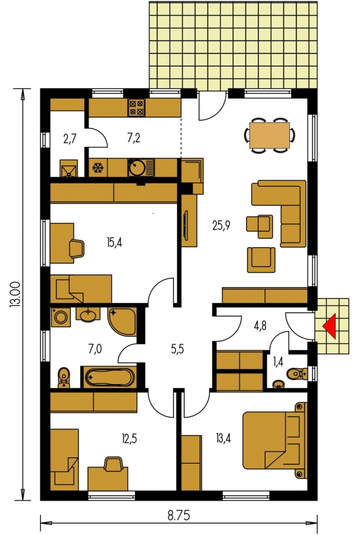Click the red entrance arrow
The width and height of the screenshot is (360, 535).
pos(330,326)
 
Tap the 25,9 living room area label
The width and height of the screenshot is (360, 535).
pos(221,225)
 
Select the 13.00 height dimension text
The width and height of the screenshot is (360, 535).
pos(17,294)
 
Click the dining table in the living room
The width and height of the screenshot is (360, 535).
pos(269,136)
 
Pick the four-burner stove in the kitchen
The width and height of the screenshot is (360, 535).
pos(137,108)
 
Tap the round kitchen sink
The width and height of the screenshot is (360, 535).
pos(137,168)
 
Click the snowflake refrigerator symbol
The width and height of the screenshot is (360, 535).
pos(98,168)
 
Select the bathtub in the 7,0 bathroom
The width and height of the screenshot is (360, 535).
pos(109,377)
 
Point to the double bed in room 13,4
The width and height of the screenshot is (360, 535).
pos(275,440)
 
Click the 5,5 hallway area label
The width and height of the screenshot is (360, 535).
pos(178,349)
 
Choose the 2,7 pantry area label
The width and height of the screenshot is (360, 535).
pos(70,139)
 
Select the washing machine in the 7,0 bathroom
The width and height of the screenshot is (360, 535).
pos(61,317)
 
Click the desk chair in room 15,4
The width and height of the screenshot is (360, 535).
pos(77,248)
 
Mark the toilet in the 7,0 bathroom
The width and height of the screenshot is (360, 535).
pos(64,377)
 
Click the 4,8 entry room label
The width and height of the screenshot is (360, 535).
pos(260,326)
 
